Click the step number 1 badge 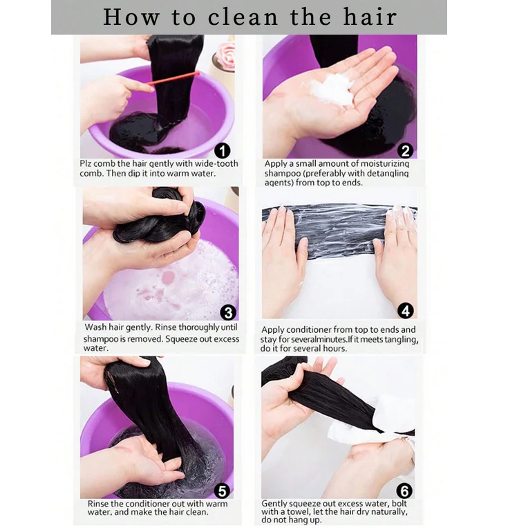[x=223, y=150]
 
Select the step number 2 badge [x=406, y=150]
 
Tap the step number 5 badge [x=222, y=491]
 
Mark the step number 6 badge [x=405, y=491]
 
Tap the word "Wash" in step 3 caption [x=96, y=327]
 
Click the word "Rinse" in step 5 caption [x=100, y=504]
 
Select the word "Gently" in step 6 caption [x=276, y=503]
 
